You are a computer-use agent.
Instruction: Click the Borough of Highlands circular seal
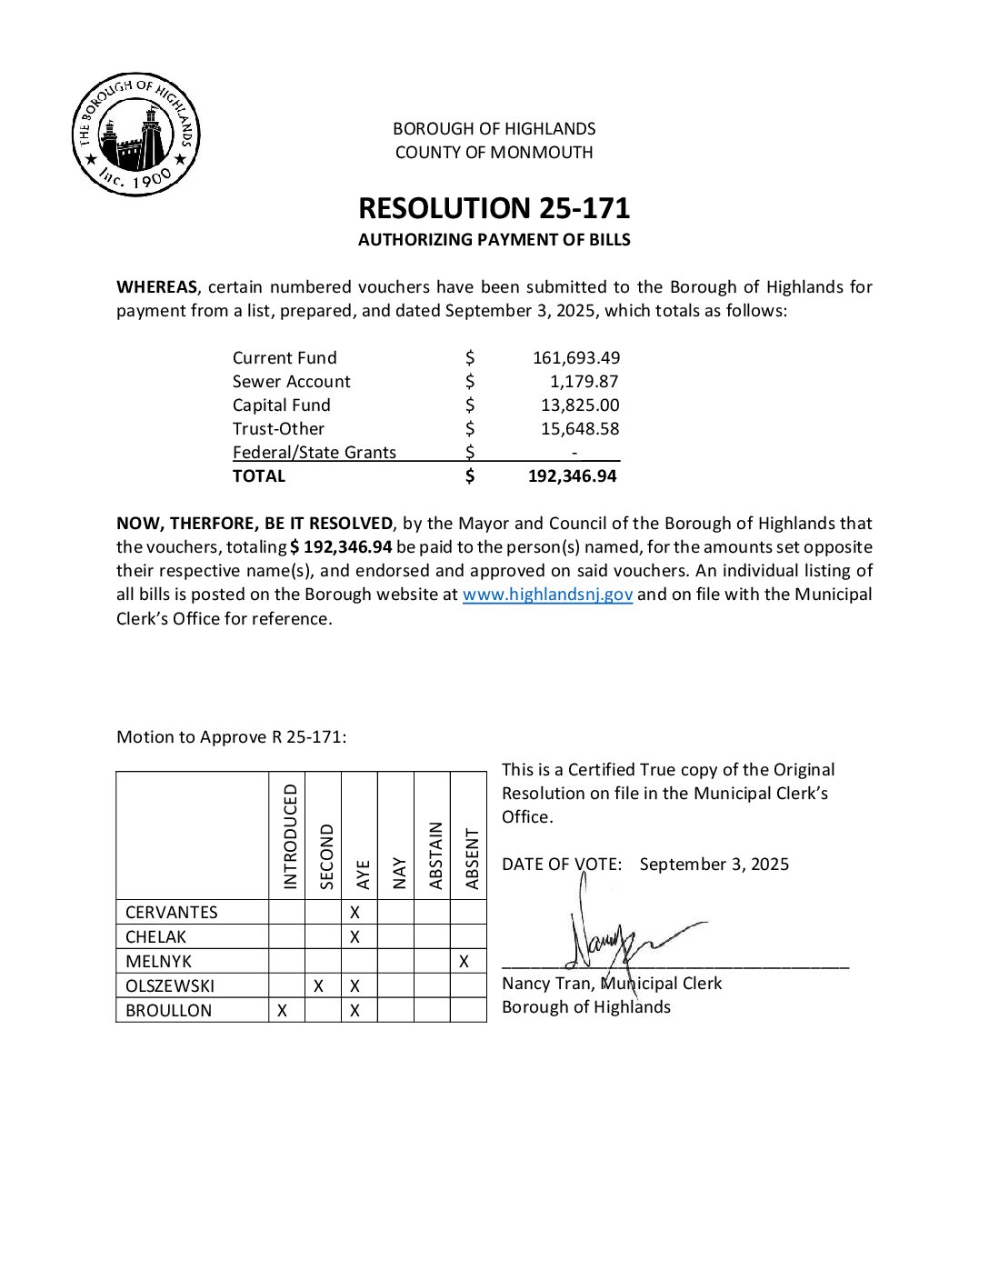135,135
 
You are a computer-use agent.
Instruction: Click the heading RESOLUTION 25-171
494,208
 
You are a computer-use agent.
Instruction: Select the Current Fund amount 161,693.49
576,358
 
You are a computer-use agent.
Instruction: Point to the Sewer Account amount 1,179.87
584,382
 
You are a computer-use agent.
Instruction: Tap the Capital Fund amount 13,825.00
580,405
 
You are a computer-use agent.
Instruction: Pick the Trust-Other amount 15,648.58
580,429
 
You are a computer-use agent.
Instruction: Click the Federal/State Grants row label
315,453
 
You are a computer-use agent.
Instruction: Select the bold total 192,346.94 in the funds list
573,476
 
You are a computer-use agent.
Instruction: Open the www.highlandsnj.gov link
547,595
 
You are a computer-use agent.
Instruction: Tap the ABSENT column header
472,858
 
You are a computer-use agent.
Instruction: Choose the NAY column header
399,873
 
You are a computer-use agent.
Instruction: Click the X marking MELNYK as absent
465,962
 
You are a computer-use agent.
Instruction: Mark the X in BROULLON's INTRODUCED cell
283,1011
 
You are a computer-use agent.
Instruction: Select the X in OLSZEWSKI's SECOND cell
318,986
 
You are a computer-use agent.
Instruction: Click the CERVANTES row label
172,913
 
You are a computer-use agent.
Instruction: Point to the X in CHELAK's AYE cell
355,937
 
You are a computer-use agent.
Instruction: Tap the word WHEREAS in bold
156,287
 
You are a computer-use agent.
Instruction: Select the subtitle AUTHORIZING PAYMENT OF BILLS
494,240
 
